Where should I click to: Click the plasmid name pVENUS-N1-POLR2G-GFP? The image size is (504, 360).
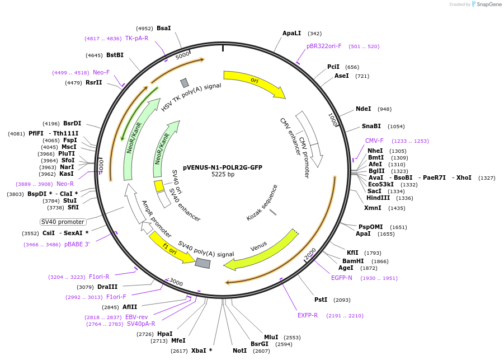(x=223, y=167)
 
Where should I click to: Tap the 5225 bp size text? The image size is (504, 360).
(x=223, y=175)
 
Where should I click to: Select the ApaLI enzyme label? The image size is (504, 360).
(x=292, y=34)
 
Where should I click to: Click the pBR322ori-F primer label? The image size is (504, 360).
(x=324, y=46)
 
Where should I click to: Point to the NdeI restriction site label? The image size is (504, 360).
(x=363, y=109)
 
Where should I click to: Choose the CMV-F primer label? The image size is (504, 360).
(x=374, y=141)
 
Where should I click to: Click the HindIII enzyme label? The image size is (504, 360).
(x=378, y=198)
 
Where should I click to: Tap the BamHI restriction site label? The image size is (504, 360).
(x=353, y=261)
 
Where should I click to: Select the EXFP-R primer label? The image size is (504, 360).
(x=308, y=315)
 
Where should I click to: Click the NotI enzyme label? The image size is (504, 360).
(x=239, y=350)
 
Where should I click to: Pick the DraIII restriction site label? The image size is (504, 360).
(x=107, y=287)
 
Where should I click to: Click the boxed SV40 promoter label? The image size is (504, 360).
(x=63, y=222)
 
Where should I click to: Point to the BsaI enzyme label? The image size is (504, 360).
(x=164, y=28)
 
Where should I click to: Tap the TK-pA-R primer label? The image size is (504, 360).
(x=136, y=39)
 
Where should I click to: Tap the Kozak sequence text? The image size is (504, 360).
(x=262, y=203)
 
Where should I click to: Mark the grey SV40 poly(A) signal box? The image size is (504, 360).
(x=202, y=262)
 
